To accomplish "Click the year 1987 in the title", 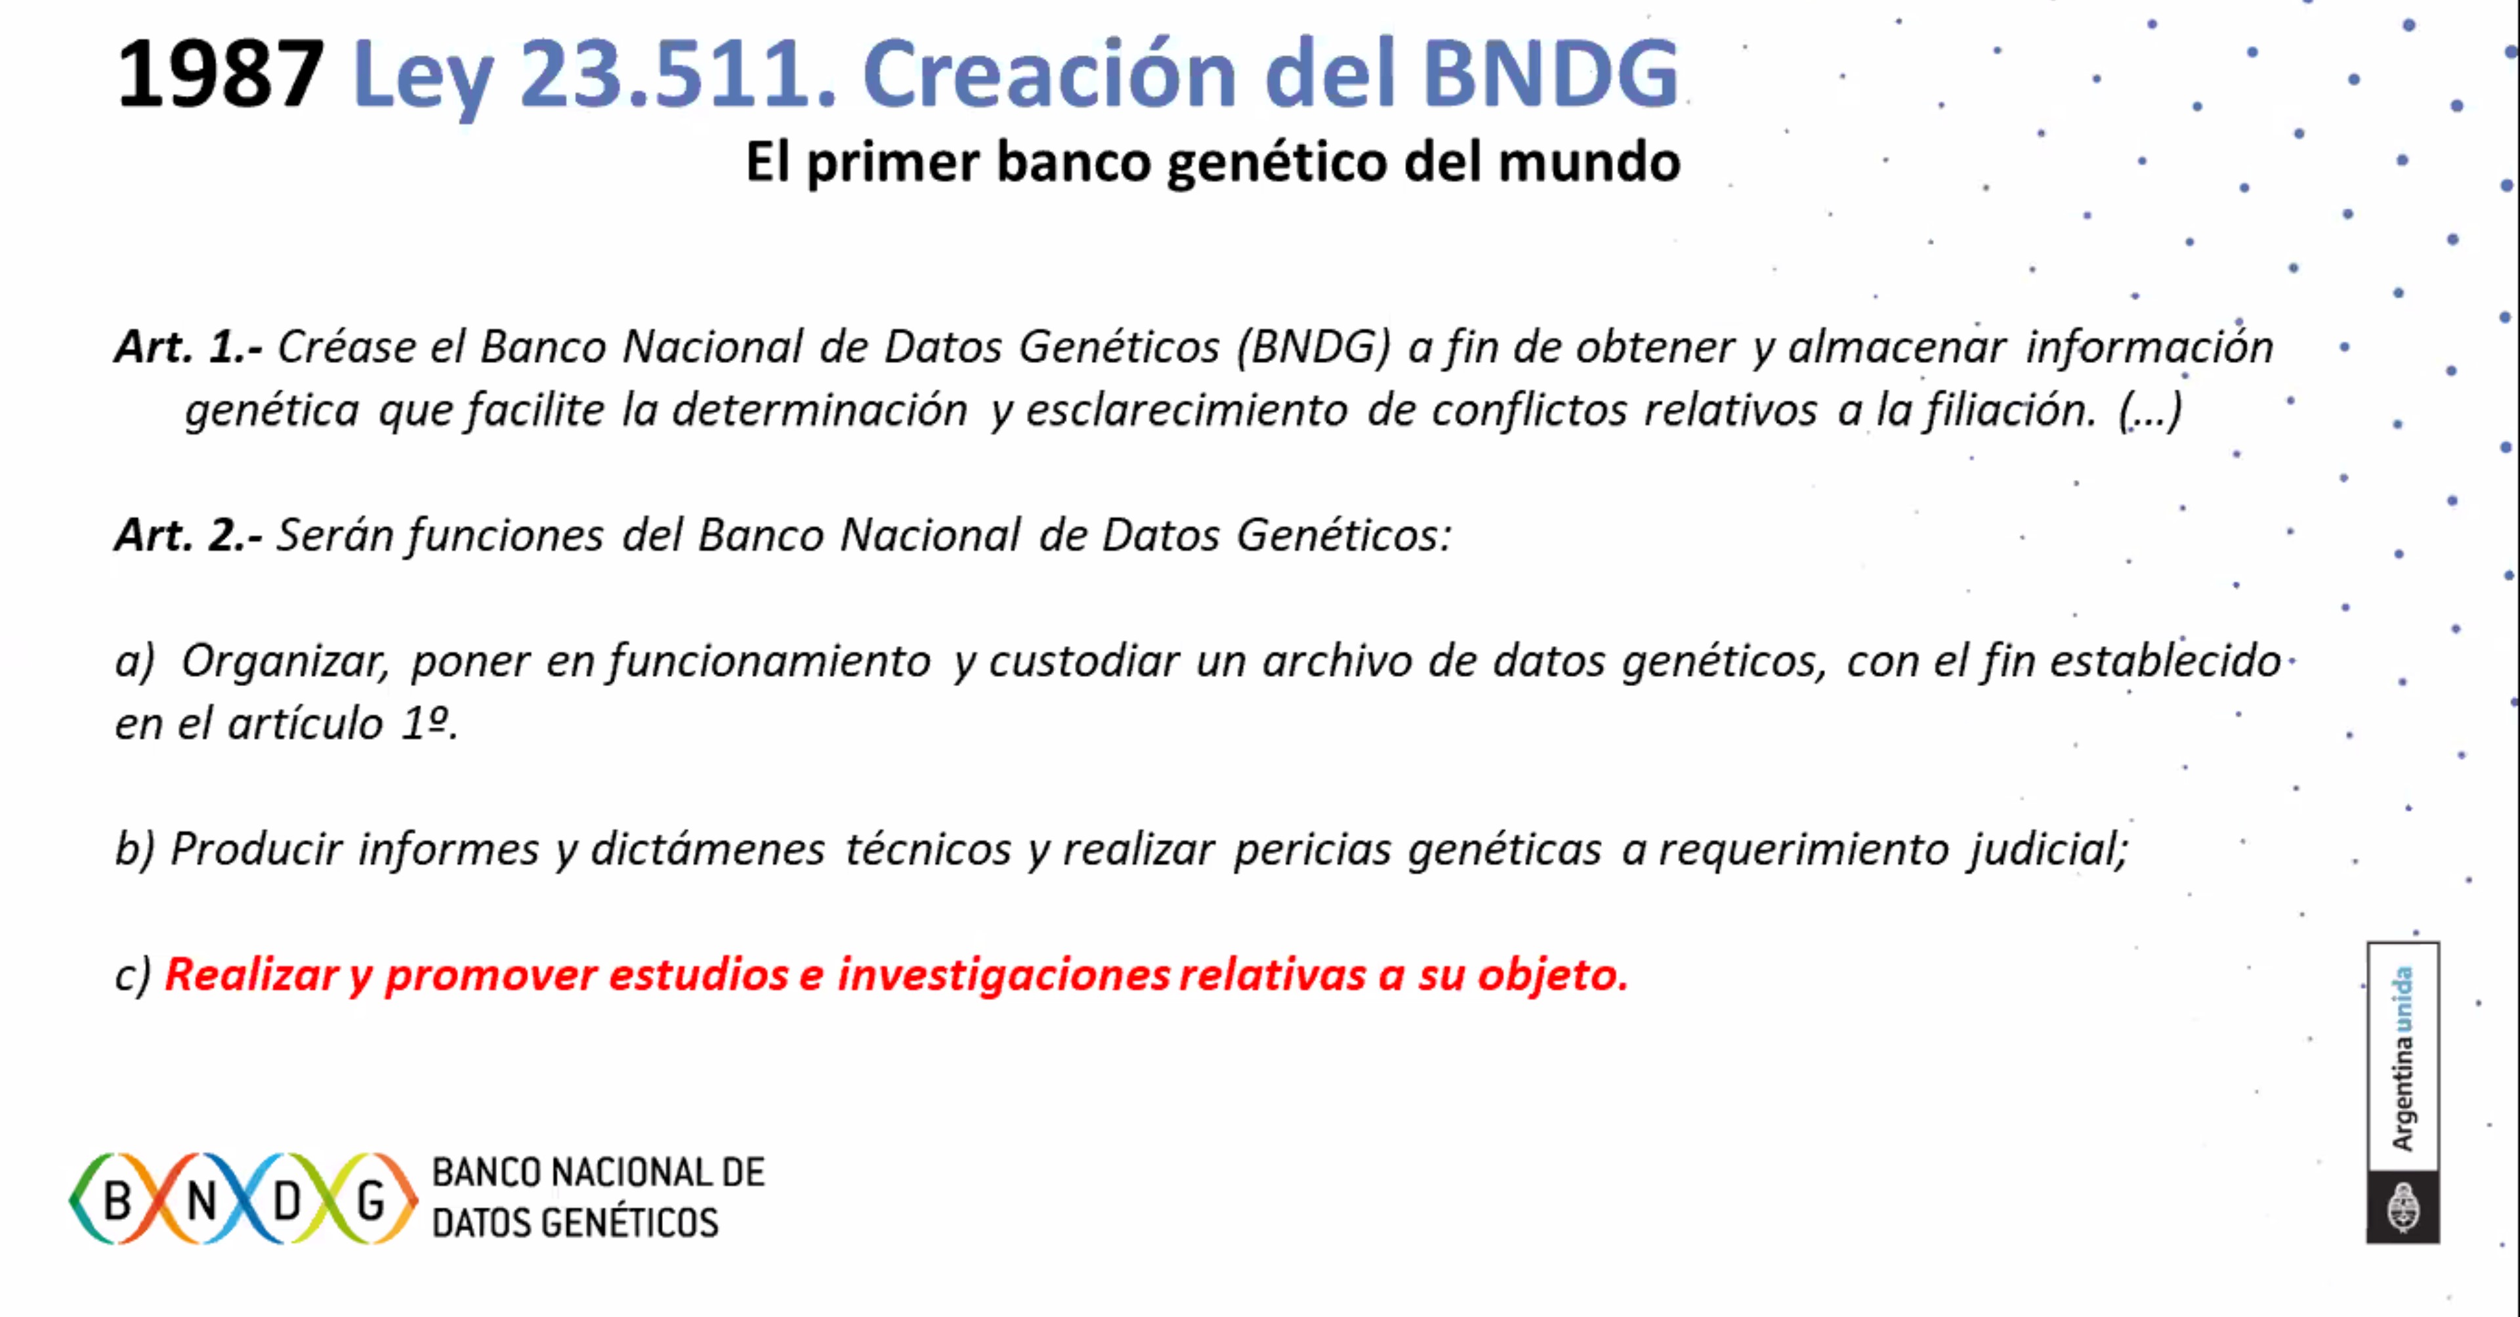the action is (x=220, y=74).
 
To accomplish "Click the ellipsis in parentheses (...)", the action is (x=2151, y=410).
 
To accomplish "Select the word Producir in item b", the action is (x=257, y=848).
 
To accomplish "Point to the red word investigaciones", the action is (x=1003, y=976).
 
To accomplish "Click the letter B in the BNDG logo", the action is (x=117, y=1199).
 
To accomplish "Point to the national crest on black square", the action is (x=2403, y=1207).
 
